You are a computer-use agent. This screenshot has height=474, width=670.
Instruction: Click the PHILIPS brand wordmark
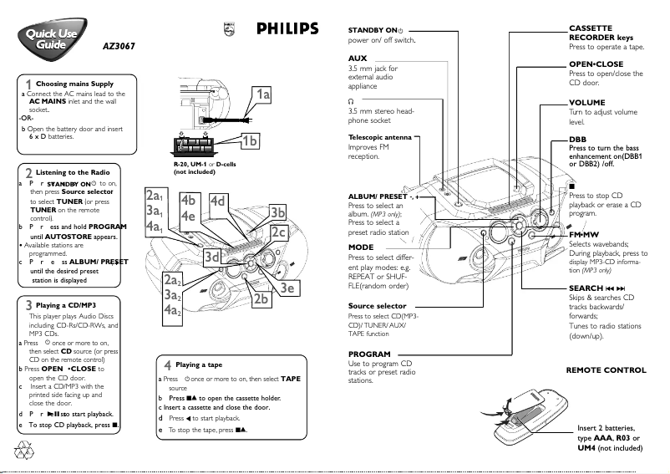(287, 29)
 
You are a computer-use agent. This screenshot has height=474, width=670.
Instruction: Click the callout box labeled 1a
(263, 95)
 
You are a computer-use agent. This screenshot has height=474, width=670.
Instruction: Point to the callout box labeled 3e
(288, 288)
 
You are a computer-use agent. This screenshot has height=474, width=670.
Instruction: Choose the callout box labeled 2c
(279, 233)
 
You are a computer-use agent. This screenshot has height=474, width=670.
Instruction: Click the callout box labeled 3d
(212, 257)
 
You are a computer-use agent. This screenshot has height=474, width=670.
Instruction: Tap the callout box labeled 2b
(261, 298)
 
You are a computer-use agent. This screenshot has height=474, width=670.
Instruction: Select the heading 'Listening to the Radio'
(73, 172)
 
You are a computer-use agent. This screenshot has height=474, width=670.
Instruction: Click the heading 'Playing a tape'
(199, 365)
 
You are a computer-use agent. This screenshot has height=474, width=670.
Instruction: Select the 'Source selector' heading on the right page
(377, 306)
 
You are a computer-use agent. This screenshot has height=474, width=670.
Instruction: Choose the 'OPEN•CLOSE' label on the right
(596, 64)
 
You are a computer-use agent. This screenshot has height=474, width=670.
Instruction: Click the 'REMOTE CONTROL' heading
(606, 370)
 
